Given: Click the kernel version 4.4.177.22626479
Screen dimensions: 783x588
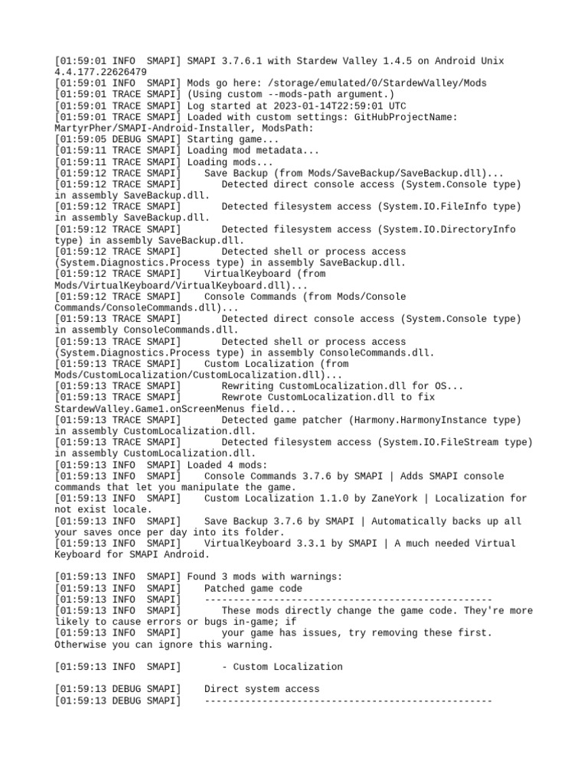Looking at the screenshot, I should coord(100,72).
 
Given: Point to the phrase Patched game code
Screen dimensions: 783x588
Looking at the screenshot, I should coord(253,589).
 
